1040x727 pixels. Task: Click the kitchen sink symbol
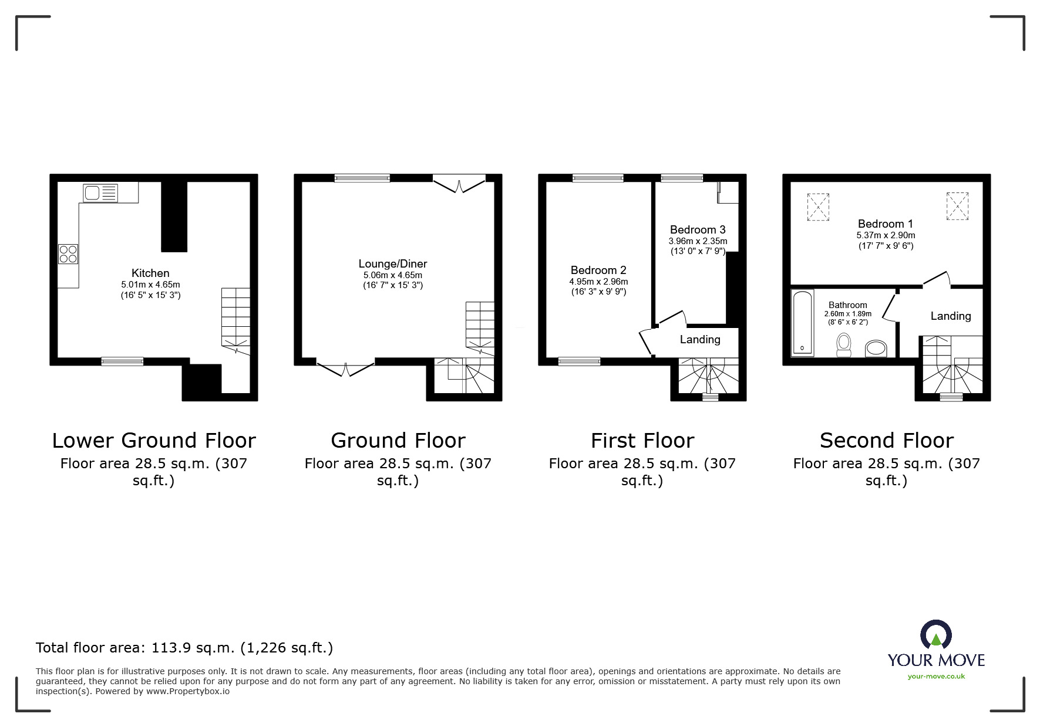tap(100, 193)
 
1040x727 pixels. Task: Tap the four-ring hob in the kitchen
tap(68, 254)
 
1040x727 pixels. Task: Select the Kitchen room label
tap(150, 273)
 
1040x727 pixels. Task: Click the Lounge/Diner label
tap(393, 263)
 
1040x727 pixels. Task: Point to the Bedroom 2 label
tap(598, 270)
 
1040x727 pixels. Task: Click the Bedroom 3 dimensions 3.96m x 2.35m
tap(698, 241)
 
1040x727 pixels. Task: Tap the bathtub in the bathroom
tap(802, 323)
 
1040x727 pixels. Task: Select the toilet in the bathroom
tap(844, 344)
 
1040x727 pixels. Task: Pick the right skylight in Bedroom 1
tap(957, 206)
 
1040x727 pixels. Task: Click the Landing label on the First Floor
tap(700, 339)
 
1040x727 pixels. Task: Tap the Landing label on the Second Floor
tap(950, 316)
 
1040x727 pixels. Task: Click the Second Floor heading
tap(886, 440)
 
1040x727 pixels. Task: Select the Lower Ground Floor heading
tap(154, 440)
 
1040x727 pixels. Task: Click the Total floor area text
tap(184, 648)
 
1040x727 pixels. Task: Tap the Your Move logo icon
tap(935, 635)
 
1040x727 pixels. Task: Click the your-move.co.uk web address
tap(936, 677)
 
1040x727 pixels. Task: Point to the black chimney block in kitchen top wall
tap(174, 216)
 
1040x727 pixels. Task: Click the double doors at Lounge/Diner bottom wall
tap(345, 368)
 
